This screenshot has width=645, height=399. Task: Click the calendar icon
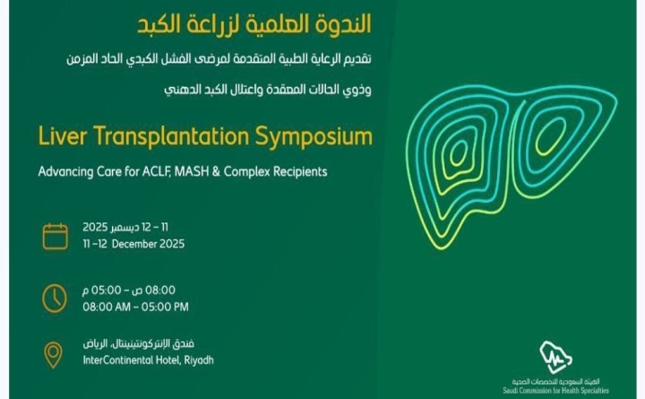(56, 236)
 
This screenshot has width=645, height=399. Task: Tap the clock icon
(56, 298)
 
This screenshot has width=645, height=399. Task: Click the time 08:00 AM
(107, 307)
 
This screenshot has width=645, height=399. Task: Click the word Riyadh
(195, 360)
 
